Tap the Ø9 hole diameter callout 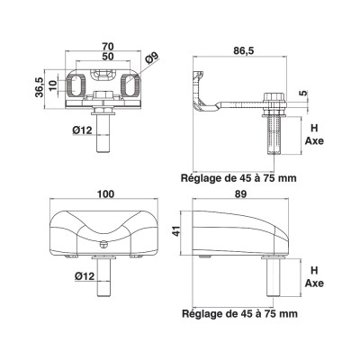coord(154,60)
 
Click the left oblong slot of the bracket coord(78,86)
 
